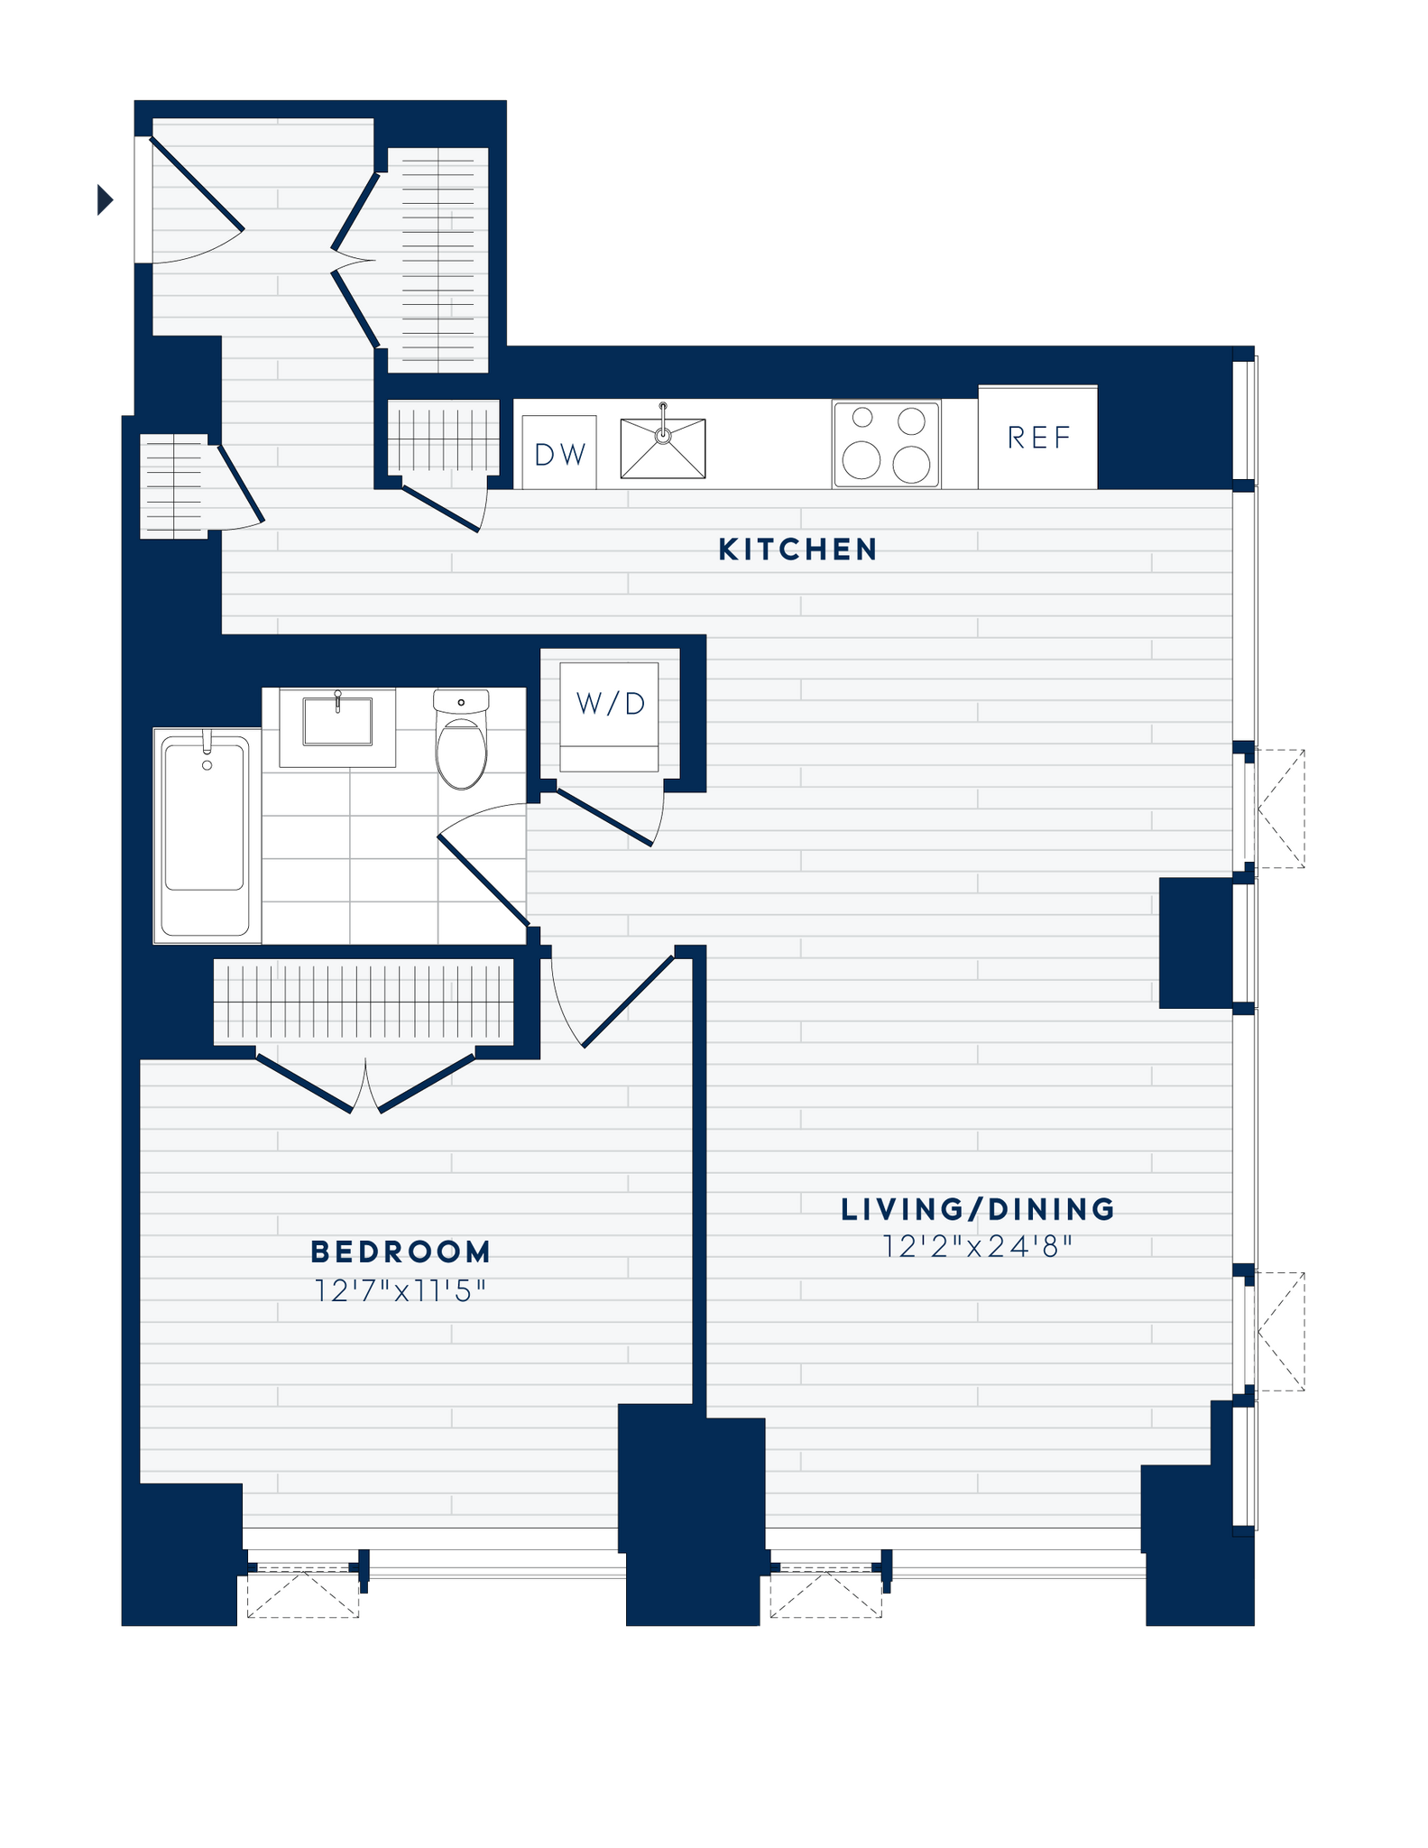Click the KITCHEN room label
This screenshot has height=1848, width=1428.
[x=797, y=550]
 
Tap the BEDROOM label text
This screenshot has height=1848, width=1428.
[x=401, y=1252]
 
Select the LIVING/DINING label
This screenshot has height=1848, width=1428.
[x=978, y=1209]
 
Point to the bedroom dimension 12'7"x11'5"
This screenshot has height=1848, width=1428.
[x=400, y=1291]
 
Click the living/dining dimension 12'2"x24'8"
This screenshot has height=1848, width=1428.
[x=978, y=1247]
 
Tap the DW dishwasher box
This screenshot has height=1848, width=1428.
[x=559, y=453]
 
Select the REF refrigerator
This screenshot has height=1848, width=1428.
[x=1038, y=438]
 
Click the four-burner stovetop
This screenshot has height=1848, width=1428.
[x=887, y=444]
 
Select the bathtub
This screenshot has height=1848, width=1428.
[x=205, y=836]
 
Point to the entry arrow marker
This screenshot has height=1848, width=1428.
[x=106, y=199]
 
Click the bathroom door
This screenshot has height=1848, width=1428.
[x=484, y=881]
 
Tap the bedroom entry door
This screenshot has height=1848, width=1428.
[x=629, y=1001]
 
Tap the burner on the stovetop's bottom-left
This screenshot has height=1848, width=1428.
[x=862, y=461]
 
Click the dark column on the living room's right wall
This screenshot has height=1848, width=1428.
[x=1195, y=943]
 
